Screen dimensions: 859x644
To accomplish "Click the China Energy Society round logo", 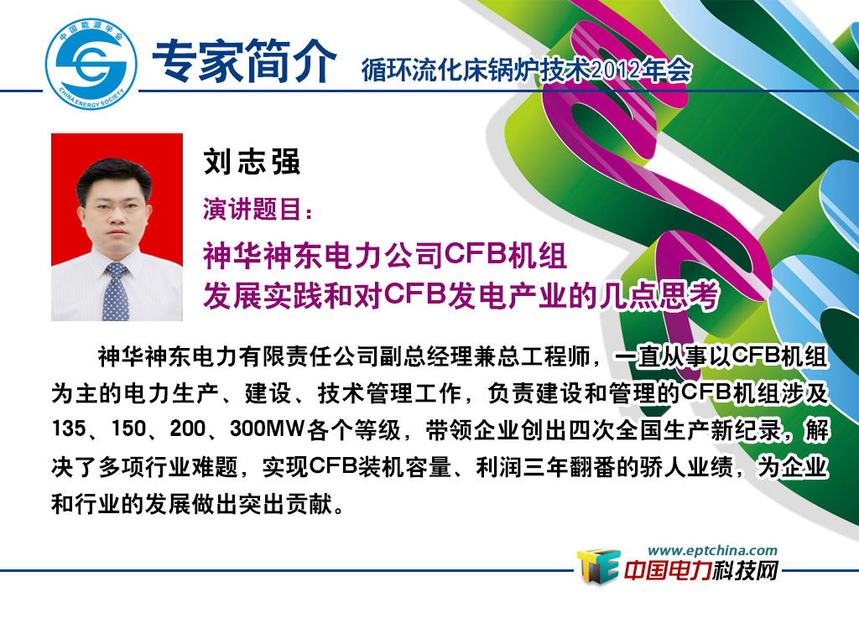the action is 91,64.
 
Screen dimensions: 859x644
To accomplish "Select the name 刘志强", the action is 252,162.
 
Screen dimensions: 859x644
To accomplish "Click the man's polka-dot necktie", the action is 116,292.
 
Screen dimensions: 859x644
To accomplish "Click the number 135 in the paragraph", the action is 69,428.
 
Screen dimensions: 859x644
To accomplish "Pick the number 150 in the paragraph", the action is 128,428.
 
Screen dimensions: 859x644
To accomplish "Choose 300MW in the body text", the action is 267,428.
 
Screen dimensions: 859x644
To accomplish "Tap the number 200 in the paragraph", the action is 187,428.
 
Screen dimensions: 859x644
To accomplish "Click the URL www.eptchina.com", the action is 712,550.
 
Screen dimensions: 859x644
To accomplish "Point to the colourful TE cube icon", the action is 597,566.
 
